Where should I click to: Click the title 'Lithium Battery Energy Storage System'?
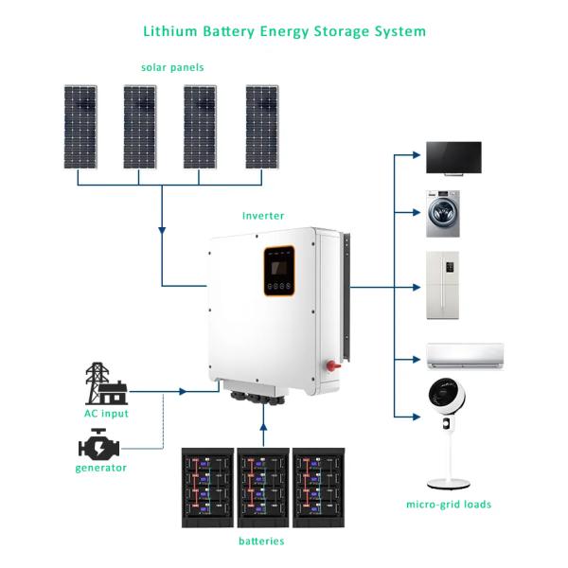284,31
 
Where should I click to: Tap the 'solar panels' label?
172,68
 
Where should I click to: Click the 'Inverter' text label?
262,216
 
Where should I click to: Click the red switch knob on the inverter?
331,364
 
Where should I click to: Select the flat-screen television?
453,157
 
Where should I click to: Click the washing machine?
442,215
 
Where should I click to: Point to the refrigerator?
442,285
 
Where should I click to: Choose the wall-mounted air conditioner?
465,356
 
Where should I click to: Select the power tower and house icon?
105,382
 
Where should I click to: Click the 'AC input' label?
106,414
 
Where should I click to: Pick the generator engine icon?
99,444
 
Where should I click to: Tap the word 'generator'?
100,468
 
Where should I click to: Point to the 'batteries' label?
260,541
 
